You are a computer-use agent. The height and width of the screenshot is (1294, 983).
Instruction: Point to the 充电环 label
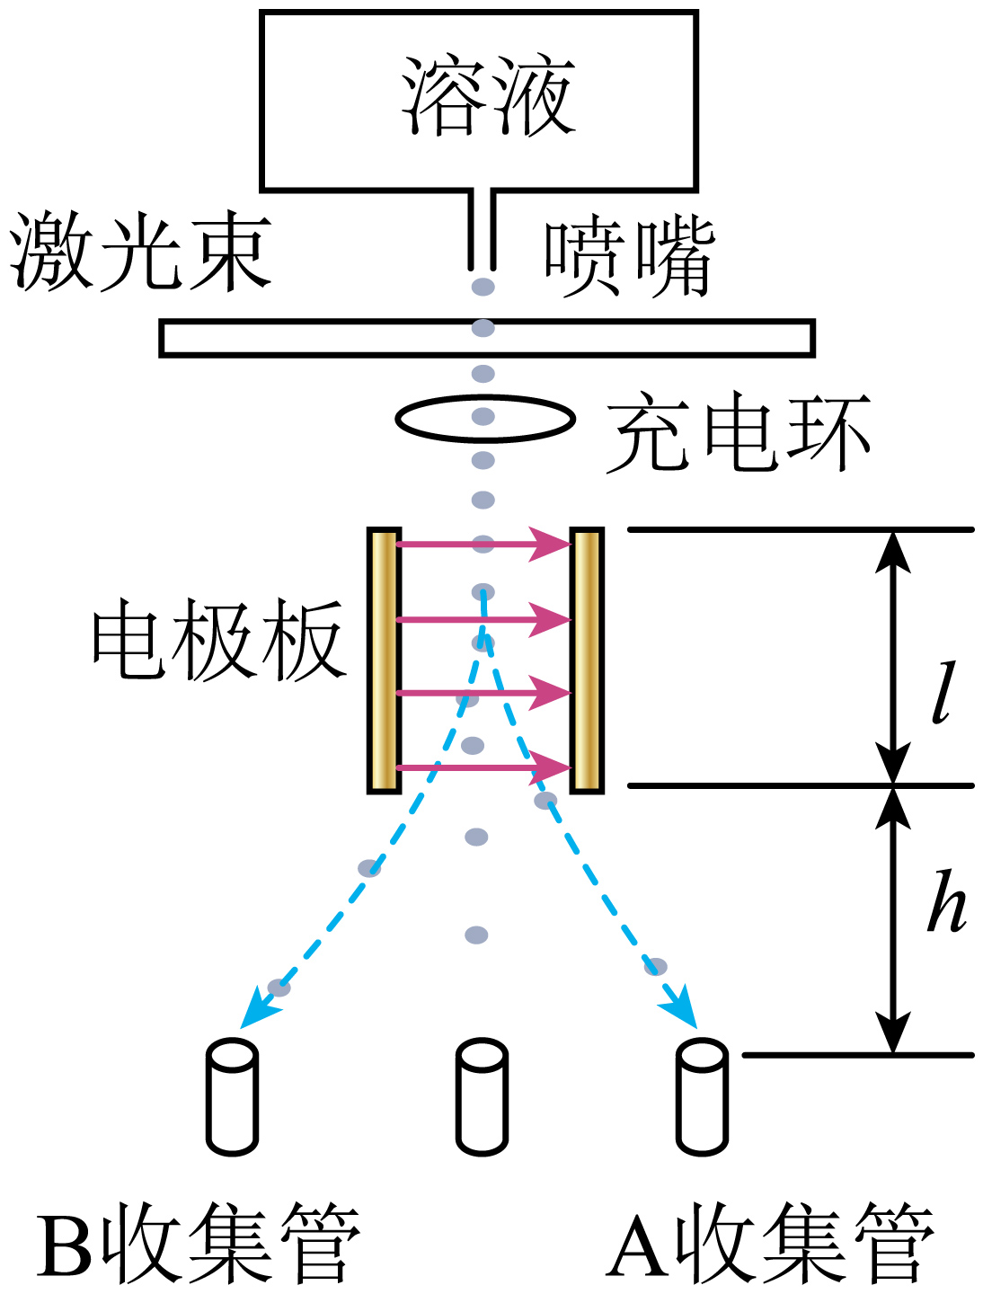(x=738, y=431)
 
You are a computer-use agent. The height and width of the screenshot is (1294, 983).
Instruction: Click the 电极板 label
(x=219, y=640)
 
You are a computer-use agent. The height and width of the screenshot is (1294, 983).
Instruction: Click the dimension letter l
(x=943, y=692)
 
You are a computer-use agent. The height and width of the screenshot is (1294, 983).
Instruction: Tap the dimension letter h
(x=946, y=900)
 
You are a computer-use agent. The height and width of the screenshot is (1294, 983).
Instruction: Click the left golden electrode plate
(x=385, y=660)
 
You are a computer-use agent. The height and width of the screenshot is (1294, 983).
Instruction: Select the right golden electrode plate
(x=587, y=660)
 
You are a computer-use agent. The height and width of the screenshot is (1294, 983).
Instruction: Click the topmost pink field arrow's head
(x=551, y=545)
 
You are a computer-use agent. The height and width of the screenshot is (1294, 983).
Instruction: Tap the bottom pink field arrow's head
(x=551, y=767)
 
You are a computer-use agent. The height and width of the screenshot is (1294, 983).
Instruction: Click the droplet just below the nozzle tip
(x=483, y=287)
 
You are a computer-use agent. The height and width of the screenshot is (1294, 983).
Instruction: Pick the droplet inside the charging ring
(x=483, y=416)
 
